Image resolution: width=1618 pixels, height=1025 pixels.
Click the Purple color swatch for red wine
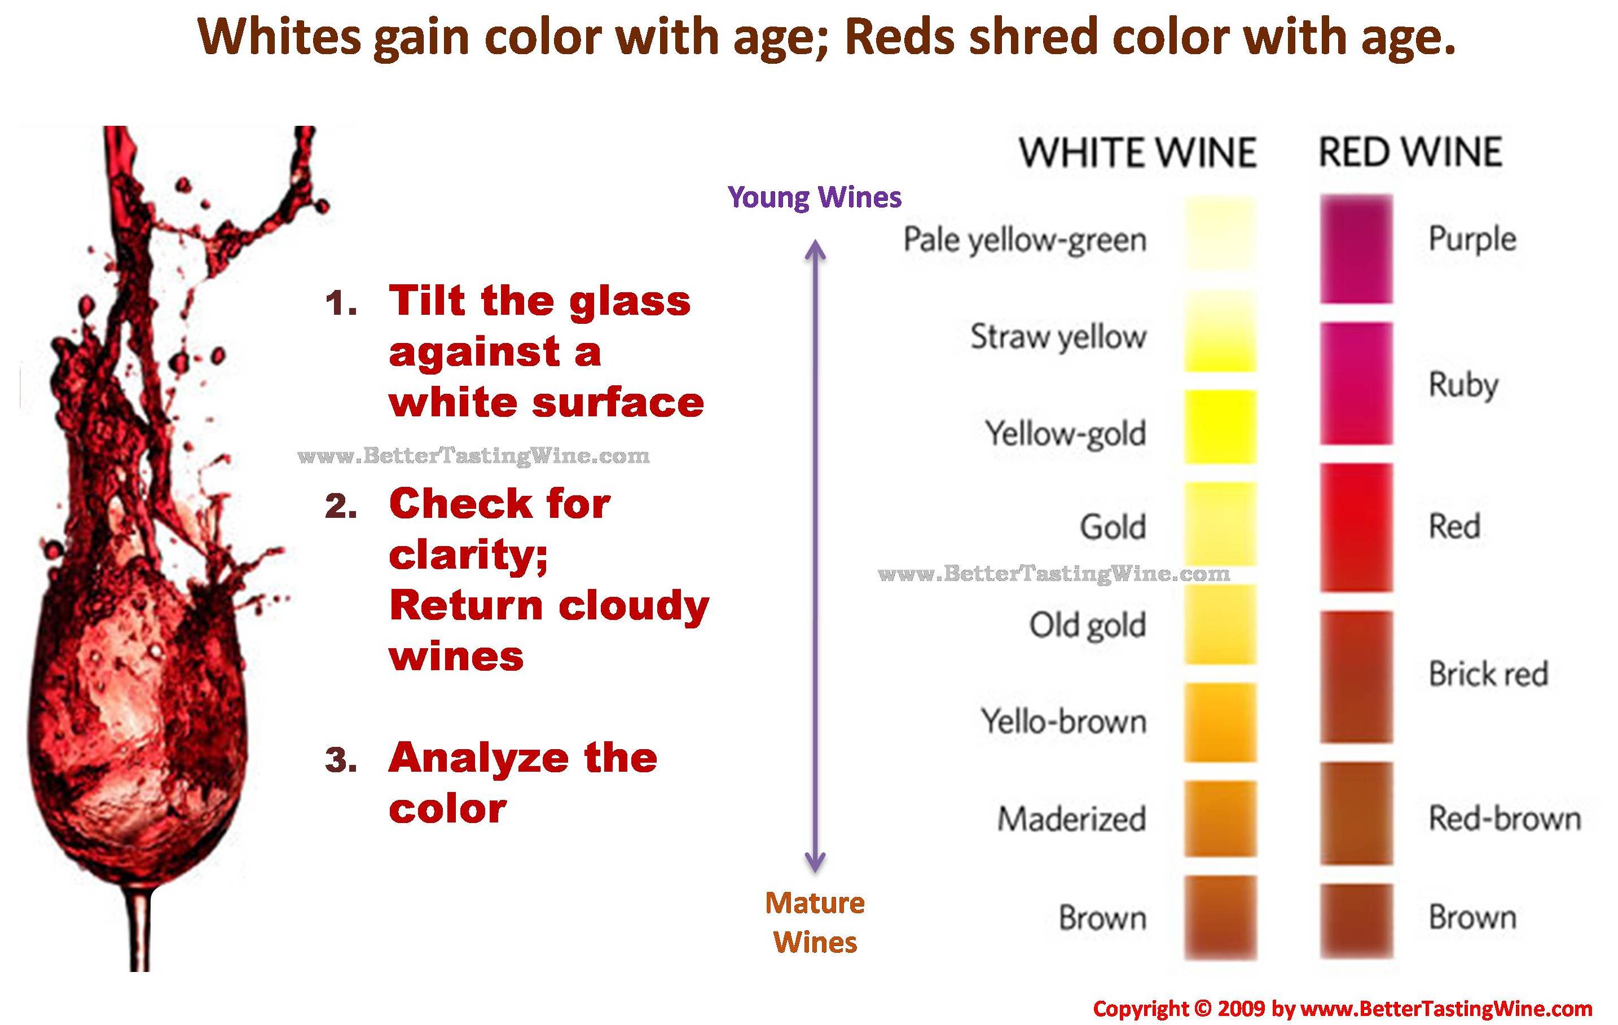(x=1356, y=249)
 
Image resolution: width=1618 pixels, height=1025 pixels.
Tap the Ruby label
(x=1463, y=385)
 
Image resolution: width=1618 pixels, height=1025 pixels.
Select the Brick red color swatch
(x=1356, y=676)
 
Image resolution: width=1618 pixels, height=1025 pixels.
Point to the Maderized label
(x=1072, y=819)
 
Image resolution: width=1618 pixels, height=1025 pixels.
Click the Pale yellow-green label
(x=1025, y=240)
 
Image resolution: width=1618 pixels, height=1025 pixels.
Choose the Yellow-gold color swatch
(x=1220, y=426)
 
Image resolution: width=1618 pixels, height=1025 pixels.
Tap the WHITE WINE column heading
(x=1137, y=152)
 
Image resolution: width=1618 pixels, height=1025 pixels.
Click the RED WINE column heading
(x=1410, y=152)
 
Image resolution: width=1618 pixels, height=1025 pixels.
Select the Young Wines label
(x=815, y=197)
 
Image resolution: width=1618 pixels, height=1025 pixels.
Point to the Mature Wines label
(x=815, y=922)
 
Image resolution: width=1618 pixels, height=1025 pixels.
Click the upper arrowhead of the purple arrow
(x=815, y=249)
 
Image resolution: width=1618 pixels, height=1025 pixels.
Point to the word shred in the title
(x=1033, y=37)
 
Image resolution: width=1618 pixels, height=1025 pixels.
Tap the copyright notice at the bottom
(x=1343, y=1008)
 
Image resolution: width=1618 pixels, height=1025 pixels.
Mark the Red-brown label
(x=1505, y=819)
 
